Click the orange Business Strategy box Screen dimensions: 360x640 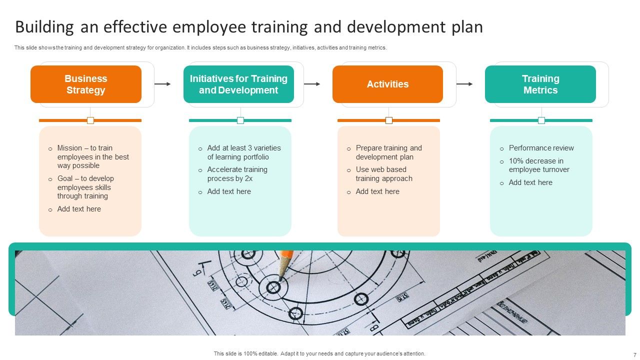86,84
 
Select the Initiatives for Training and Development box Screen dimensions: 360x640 238,84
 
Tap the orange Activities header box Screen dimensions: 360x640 387,84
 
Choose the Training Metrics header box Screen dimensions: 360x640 540,84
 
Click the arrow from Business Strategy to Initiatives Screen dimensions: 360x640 162,84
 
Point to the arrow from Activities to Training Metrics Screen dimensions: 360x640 464,84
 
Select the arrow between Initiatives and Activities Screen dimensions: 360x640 312,84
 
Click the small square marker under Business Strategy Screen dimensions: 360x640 90,120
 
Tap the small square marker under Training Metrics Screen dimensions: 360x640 541,120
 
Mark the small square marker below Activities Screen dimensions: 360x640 389,120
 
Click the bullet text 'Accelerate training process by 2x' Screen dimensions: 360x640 237,174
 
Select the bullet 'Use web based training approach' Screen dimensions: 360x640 384,174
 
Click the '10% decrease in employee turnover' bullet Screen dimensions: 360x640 539,165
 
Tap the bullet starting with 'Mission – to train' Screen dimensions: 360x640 93,156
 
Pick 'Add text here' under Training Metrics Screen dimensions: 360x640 530,182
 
